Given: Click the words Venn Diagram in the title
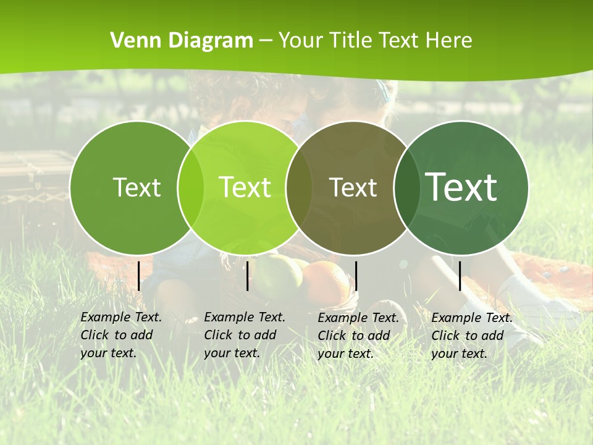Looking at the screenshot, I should (x=182, y=41).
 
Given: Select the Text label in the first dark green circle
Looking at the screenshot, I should (x=137, y=187).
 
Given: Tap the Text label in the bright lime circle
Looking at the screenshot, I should (x=245, y=187).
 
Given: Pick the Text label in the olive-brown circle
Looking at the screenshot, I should (x=353, y=187).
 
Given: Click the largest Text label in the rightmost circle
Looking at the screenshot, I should (x=461, y=187).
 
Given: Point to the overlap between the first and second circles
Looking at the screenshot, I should (x=191, y=187).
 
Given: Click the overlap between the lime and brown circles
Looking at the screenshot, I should (x=299, y=187).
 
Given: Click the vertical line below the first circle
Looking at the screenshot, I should (x=139, y=276).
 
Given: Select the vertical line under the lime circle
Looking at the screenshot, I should (x=247, y=276).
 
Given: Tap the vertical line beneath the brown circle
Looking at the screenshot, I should (x=356, y=276).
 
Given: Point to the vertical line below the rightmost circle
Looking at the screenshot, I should (x=460, y=276).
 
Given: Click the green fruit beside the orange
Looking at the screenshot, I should (x=278, y=278).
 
